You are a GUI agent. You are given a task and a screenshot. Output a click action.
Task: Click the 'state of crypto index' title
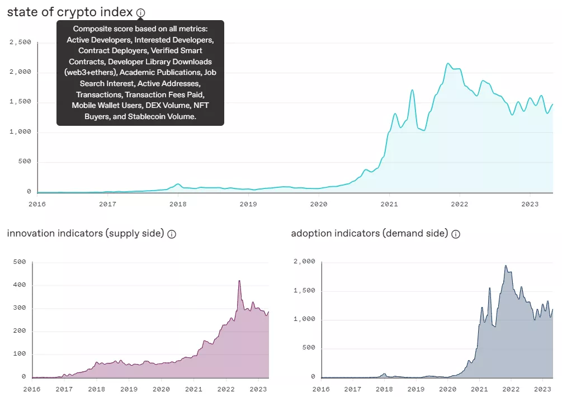click(70, 12)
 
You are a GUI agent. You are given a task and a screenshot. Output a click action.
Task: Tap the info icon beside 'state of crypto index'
click(141, 12)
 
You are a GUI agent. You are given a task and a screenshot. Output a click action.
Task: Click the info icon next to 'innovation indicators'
click(172, 234)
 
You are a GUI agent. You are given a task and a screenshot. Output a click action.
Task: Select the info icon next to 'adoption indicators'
click(456, 234)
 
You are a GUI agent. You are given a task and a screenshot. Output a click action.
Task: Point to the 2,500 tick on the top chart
click(20, 42)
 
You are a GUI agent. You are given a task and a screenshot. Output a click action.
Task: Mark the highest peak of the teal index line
click(448, 64)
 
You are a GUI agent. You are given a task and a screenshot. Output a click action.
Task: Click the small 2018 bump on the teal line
click(178, 184)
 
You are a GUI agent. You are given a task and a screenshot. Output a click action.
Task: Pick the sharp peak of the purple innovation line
click(239, 281)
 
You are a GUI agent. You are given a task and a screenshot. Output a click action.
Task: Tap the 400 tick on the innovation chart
click(20, 285)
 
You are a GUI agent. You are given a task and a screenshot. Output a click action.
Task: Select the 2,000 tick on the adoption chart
click(305, 262)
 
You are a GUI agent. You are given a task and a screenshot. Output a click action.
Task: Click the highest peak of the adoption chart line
click(506, 266)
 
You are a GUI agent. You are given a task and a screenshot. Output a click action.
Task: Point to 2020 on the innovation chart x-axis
click(161, 389)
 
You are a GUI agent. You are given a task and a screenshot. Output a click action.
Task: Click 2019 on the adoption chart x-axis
click(415, 389)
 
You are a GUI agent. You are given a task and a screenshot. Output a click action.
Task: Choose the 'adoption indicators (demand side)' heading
click(369, 233)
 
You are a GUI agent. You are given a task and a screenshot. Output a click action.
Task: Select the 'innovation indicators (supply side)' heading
click(85, 233)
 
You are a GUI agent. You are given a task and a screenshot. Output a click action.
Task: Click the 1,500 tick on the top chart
click(20, 102)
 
